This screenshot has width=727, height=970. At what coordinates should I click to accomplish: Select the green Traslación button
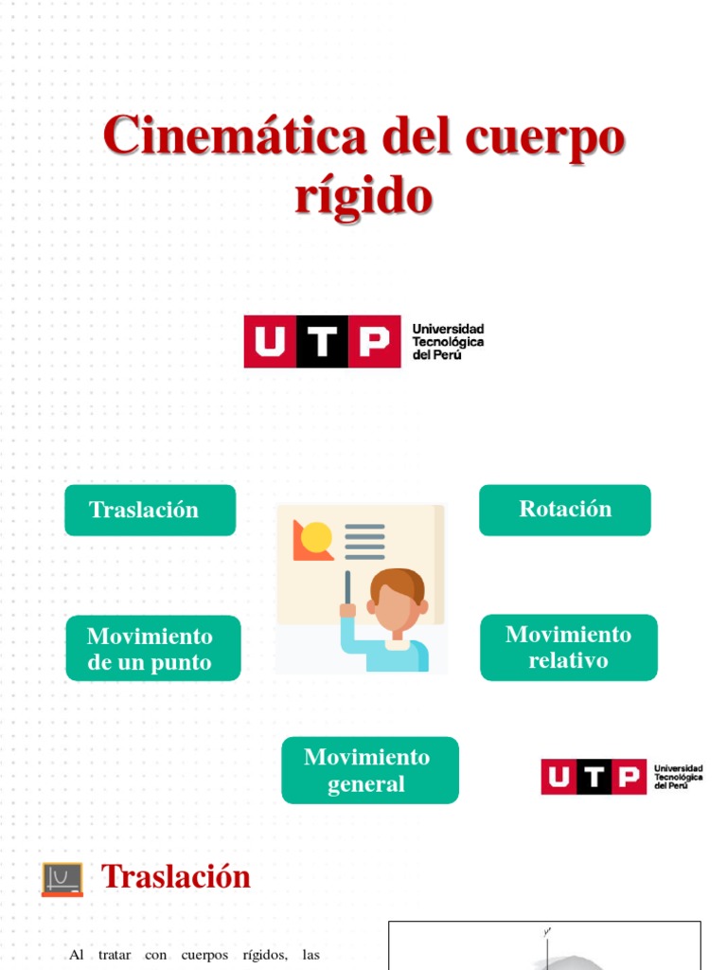[150, 510]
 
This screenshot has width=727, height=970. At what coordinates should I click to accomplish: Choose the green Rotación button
[565, 510]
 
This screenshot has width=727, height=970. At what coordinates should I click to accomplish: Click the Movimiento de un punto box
[152, 649]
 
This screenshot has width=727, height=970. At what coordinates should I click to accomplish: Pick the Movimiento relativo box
[568, 648]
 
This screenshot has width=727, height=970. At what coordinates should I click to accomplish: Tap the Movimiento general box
[369, 770]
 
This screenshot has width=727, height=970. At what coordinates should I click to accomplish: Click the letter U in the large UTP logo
[271, 342]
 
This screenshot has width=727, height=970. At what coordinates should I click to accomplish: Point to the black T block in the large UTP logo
[323, 342]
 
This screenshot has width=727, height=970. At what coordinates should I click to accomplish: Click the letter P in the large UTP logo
[375, 342]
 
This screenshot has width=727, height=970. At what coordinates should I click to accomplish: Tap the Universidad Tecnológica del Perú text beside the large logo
[448, 342]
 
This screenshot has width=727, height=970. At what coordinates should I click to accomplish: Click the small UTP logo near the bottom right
[621, 777]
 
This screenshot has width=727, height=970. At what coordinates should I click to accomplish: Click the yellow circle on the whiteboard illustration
[316, 537]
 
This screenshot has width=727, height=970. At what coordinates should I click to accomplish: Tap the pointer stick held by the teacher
[348, 584]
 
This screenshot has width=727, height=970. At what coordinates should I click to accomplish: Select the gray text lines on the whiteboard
[364, 541]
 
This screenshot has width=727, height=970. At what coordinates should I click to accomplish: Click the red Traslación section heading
[176, 877]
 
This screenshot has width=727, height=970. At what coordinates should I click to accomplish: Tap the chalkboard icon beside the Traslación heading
[62, 879]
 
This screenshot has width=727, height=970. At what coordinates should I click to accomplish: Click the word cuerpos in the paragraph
[230, 955]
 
